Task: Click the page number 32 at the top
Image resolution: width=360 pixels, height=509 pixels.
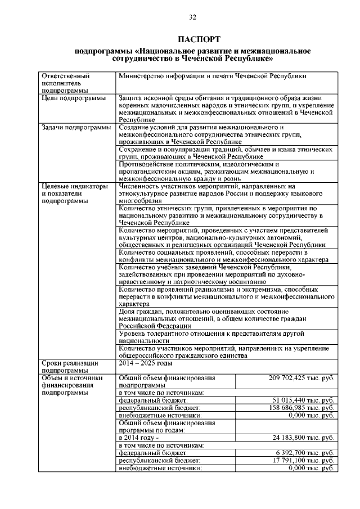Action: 192,17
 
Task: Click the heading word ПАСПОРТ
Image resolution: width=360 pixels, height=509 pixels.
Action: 193,39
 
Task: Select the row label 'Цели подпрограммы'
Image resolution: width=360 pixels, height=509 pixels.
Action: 74,98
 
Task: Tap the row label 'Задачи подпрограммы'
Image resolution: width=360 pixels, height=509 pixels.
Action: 76,128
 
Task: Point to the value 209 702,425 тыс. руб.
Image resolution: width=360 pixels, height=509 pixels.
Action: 303,378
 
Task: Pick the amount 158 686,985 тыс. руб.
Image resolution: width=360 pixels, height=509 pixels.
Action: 303,407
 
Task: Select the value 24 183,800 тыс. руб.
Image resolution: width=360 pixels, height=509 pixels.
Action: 304,437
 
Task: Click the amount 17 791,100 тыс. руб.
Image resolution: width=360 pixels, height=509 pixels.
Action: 304,460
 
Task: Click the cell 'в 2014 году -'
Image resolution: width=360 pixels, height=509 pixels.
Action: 139,437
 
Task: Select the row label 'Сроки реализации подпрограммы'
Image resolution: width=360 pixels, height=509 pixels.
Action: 70,367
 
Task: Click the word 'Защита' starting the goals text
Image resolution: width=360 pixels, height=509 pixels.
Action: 131,98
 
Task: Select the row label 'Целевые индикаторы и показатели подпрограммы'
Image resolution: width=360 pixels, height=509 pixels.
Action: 74,193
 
